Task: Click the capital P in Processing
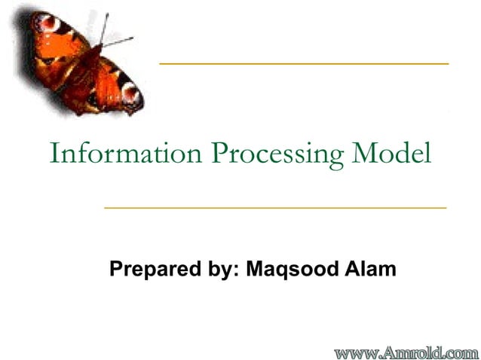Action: [x=219, y=154]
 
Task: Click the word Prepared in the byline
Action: [x=146, y=269]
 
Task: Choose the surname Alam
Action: [x=370, y=268]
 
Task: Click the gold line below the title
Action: [x=275, y=206]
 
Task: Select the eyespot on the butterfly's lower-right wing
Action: [x=130, y=93]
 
